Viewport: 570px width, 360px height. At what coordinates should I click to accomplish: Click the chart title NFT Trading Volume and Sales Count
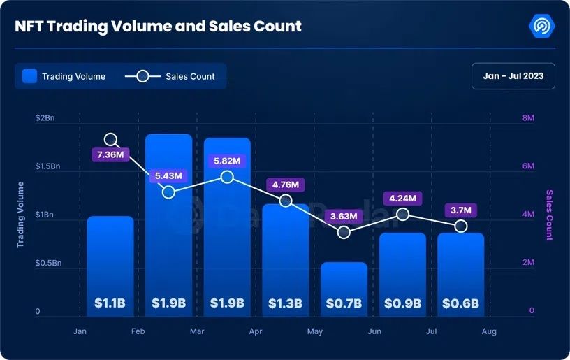point(159,27)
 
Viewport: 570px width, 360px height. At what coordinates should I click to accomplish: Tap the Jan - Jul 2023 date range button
point(513,76)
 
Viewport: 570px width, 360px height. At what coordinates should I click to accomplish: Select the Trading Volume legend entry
point(64,76)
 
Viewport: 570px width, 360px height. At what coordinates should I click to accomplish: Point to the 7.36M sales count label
point(110,154)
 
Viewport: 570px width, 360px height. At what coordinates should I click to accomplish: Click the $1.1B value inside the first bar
point(110,303)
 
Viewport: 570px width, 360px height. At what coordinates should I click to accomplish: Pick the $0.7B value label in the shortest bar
point(344,303)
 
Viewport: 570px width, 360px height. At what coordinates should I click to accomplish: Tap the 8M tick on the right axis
point(528,118)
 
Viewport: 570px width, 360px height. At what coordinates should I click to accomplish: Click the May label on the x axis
point(315,331)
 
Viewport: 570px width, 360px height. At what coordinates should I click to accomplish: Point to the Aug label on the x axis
point(489,331)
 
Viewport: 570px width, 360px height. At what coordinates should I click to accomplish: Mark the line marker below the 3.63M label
point(344,231)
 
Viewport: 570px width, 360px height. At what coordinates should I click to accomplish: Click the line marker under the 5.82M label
point(227,177)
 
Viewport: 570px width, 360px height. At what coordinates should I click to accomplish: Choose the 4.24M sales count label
point(402,199)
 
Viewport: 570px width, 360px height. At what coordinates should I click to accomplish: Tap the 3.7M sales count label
point(461,210)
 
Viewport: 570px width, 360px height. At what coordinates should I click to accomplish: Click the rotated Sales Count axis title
point(549,215)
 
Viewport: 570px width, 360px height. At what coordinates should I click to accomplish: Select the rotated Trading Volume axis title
point(20,215)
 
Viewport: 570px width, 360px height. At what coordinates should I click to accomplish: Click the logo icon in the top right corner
point(542,27)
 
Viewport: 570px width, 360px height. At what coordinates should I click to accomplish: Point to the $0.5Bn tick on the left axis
point(49,263)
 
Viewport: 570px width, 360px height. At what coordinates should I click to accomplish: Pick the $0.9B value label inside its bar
point(402,303)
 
